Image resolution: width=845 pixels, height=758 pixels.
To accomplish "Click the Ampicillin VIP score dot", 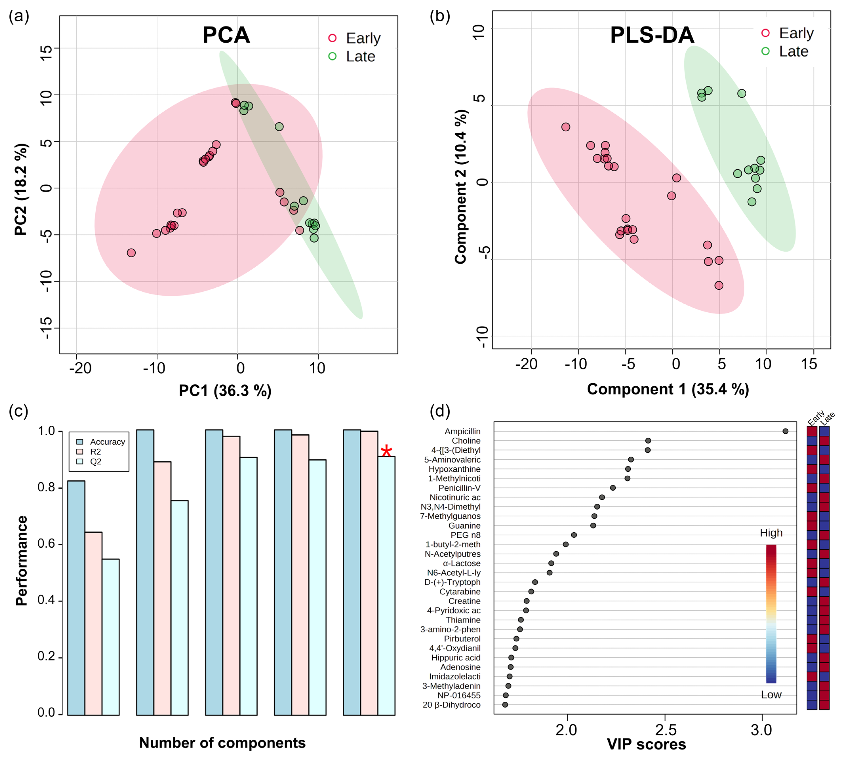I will pos(785,431).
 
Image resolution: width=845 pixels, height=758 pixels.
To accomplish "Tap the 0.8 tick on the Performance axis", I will pos(47,487).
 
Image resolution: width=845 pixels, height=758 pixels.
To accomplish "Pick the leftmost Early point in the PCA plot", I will pos(131,253).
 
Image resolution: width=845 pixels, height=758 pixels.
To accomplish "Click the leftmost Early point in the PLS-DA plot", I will pos(565,127).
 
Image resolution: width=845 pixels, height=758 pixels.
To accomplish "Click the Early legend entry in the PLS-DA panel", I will pos(796,33).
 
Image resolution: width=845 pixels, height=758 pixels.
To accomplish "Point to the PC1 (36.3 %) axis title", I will pos(225,391).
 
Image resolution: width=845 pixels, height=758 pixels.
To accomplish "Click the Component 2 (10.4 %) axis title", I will pos(461,187).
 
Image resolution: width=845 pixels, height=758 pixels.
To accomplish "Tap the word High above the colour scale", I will pos(771,533).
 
